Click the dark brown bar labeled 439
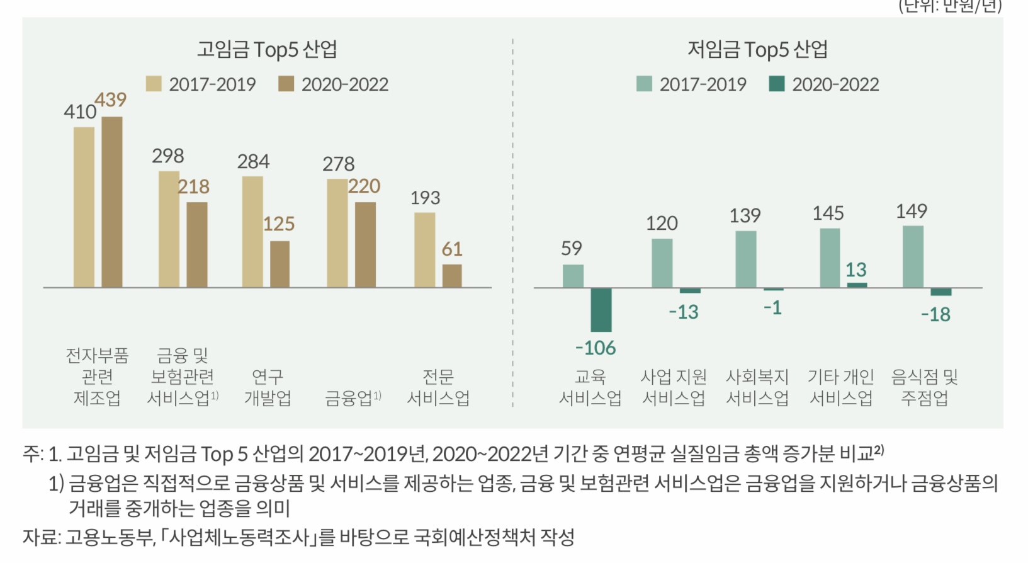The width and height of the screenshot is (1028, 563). (x=112, y=202)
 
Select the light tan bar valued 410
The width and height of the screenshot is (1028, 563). (x=84, y=207)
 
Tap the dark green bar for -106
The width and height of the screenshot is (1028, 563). (x=601, y=310)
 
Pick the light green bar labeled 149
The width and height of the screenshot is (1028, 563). (x=913, y=257)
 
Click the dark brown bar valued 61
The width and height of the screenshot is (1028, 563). (x=452, y=276)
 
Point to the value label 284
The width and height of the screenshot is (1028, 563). (x=253, y=162)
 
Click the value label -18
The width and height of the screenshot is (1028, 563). (x=935, y=314)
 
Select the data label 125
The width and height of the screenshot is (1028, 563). (x=278, y=224)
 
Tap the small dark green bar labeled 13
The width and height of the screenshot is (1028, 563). (x=857, y=285)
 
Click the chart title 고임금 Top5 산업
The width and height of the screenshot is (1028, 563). (x=267, y=49)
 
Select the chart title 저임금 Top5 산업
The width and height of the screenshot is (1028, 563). (x=757, y=49)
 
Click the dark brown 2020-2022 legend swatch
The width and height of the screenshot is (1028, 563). (x=286, y=84)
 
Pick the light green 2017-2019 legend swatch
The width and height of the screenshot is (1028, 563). (x=644, y=84)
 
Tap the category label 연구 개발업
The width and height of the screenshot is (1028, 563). (x=268, y=387)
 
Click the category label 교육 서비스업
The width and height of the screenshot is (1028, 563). (x=590, y=387)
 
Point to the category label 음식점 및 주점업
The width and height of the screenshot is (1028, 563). (x=924, y=387)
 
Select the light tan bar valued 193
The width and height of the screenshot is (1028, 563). (x=425, y=250)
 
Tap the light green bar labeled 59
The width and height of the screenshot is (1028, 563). (x=573, y=276)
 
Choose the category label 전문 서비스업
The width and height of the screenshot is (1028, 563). (x=438, y=387)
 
